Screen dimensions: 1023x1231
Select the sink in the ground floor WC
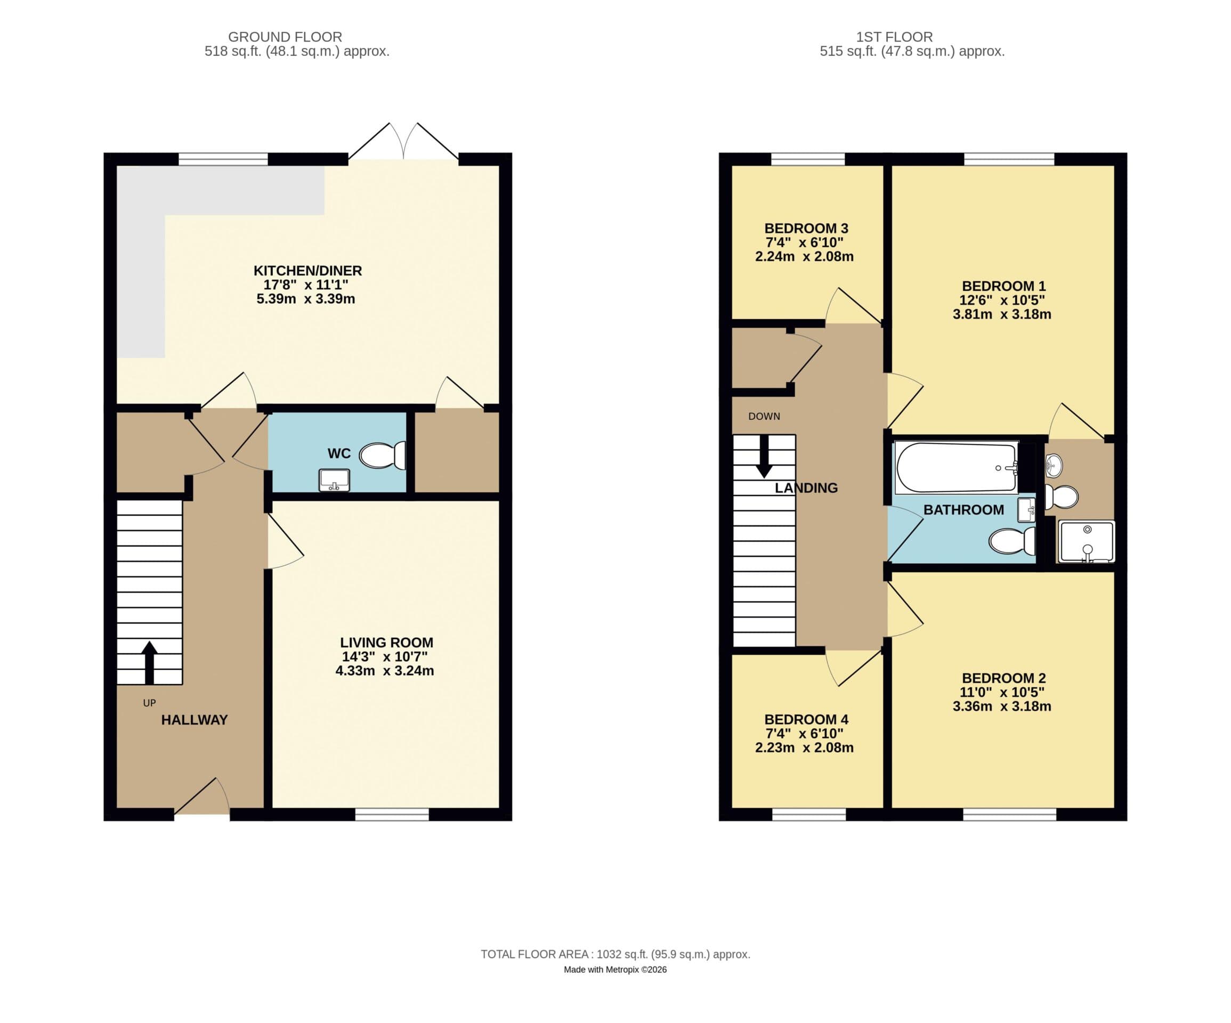334,480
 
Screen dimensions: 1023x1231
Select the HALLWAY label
194,720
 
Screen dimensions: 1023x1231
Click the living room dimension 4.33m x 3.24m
385,671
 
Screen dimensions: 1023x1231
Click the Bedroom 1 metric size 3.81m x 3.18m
1002,314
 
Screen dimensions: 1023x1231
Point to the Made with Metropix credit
615,970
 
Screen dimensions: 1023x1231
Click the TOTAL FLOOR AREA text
615,954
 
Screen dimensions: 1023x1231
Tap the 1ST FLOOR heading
894,37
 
